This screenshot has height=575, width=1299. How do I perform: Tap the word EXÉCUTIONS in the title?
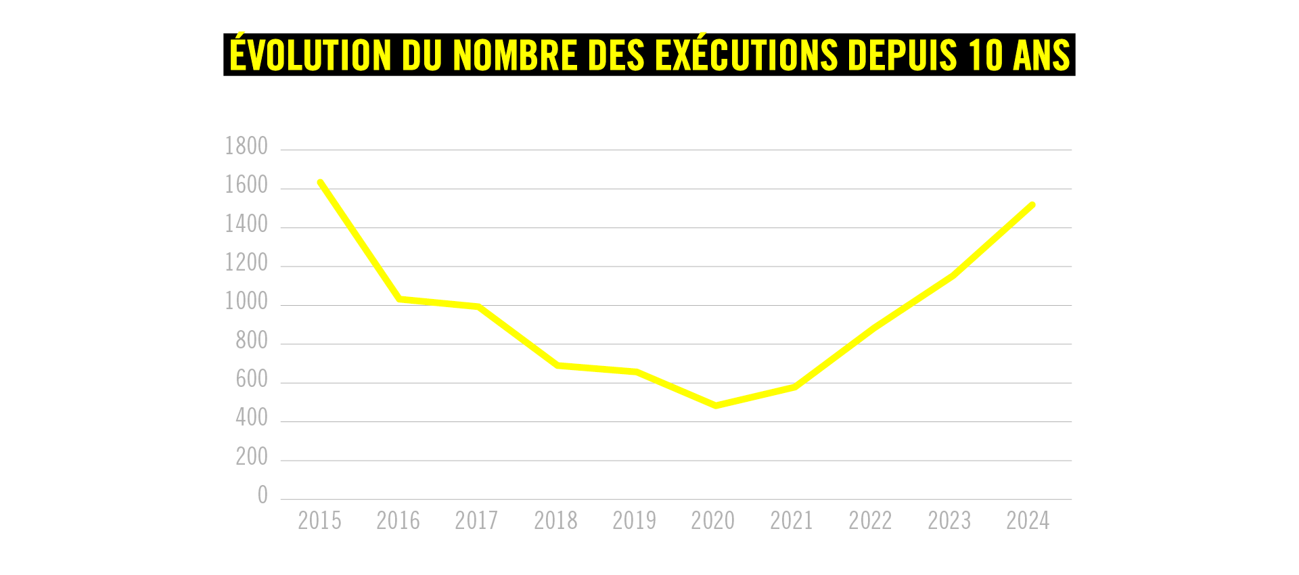click(746, 55)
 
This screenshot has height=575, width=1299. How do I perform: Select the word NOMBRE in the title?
click(516, 55)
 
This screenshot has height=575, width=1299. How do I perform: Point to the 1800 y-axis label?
click(246, 146)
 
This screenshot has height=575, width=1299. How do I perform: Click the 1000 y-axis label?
click(246, 302)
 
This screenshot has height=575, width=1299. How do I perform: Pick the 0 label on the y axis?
click(263, 496)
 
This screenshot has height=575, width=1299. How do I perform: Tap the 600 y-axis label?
click(252, 379)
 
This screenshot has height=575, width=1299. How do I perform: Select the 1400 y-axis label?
click(246, 224)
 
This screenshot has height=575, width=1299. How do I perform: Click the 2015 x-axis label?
click(319, 521)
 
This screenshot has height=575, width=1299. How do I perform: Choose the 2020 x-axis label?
click(713, 521)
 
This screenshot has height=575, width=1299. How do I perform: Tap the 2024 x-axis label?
click(1028, 521)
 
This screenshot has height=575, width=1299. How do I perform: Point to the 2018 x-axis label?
click(555, 521)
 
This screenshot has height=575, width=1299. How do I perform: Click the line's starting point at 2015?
click(320, 182)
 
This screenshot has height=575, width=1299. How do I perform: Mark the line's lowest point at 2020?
click(716, 406)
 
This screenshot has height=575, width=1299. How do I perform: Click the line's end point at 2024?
click(1032, 205)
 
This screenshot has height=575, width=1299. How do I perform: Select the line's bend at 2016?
click(400, 298)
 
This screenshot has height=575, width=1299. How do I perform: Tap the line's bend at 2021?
click(794, 387)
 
